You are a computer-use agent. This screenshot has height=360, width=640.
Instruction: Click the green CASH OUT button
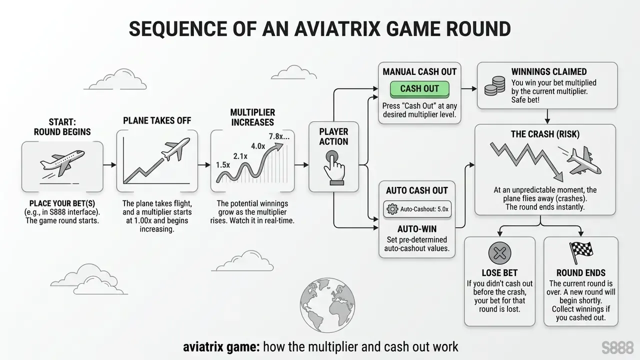point(419,89)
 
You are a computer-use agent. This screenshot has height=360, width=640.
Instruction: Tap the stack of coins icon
point(495,85)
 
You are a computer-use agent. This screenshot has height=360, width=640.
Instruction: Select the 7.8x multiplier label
point(279,136)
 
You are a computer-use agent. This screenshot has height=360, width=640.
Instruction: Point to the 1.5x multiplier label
point(223,165)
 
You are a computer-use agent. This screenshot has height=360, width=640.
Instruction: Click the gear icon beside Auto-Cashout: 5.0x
point(392,209)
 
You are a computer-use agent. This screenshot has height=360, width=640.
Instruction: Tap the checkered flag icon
point(581,252)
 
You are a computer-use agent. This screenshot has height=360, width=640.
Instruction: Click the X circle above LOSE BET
point(499,253)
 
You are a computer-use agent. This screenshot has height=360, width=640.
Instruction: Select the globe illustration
point(327,305)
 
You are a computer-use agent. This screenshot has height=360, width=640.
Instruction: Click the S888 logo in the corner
point(617,347)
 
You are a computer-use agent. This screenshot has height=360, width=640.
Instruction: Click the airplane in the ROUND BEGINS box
point(62,163)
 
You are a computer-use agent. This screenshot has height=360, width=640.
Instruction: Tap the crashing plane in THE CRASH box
point(583,160)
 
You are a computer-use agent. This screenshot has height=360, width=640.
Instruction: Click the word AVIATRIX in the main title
point(337,29)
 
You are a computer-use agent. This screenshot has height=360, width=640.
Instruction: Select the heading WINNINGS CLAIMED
point(549,71)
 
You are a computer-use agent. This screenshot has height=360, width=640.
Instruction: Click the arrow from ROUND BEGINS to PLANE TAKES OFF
point(109,165)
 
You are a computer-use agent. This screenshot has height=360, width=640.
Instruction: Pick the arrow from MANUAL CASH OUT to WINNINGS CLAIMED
point(469,89)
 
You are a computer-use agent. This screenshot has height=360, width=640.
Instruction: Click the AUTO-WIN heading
point(417,229)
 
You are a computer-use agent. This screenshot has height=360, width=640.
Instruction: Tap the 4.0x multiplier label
point(258,146)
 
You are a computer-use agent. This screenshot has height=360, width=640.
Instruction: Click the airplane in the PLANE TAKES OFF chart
point(175,149)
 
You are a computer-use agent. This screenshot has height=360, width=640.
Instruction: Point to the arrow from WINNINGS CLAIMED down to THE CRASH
point(547,116)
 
